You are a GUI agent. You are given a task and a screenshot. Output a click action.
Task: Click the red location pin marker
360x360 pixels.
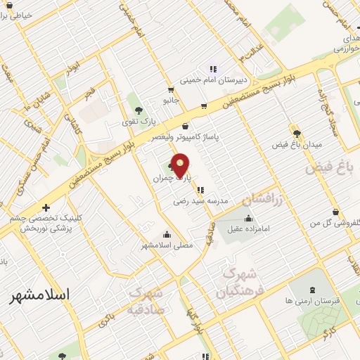click(181, 165)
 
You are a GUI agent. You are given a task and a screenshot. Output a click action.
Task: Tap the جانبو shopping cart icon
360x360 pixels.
click(170, 90)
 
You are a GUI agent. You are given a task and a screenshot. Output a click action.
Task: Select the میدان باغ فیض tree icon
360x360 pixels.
click(297, 132)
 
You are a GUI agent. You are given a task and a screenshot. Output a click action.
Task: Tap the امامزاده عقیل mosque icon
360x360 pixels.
click(247, 219)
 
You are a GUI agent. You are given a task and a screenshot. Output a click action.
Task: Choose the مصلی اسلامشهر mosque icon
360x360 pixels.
click(166, 235)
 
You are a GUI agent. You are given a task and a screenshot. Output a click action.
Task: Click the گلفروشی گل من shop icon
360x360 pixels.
click(335, 212)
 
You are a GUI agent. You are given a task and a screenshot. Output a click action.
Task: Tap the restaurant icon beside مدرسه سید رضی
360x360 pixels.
click(201, 189)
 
